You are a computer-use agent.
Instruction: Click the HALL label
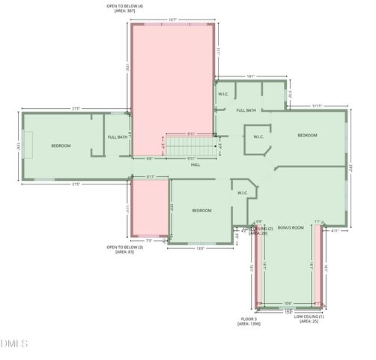point(195,164)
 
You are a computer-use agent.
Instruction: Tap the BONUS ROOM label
point(290,227)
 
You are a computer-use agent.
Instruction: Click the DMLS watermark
point(14,344)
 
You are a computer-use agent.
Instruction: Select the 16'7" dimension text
point(172,19)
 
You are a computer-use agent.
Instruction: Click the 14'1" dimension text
point(251,76)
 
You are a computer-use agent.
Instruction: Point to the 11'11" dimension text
point(317,106)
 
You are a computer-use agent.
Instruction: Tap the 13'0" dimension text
point(201,248)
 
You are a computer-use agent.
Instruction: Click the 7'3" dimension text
point(149,241)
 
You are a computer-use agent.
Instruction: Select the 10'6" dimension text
point(288,304)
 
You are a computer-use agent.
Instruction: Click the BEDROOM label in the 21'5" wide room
point(61,145)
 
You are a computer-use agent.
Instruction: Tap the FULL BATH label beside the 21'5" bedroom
point(118,137)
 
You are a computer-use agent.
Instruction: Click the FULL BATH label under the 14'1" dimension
point(246,110)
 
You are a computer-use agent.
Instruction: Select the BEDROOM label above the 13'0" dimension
point(201,211)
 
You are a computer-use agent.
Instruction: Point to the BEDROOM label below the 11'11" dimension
point(307,135)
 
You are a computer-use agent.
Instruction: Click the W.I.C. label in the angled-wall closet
point(258,136)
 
